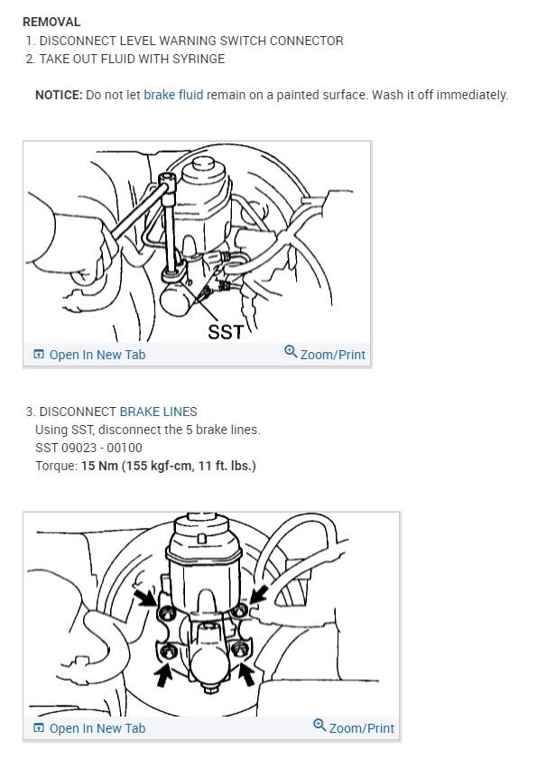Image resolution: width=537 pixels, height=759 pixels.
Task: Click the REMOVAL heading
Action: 51,22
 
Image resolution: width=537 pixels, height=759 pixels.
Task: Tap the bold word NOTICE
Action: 58,95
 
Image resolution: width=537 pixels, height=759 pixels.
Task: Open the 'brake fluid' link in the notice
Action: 173,95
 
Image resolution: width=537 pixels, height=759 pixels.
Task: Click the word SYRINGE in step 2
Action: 199,59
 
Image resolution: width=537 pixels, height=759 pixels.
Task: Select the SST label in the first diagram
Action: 226,331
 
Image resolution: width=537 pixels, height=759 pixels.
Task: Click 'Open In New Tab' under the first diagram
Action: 97,355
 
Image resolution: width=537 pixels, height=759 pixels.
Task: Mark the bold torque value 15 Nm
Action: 97,466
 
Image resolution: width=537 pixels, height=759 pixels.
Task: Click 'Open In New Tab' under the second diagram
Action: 97,728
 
